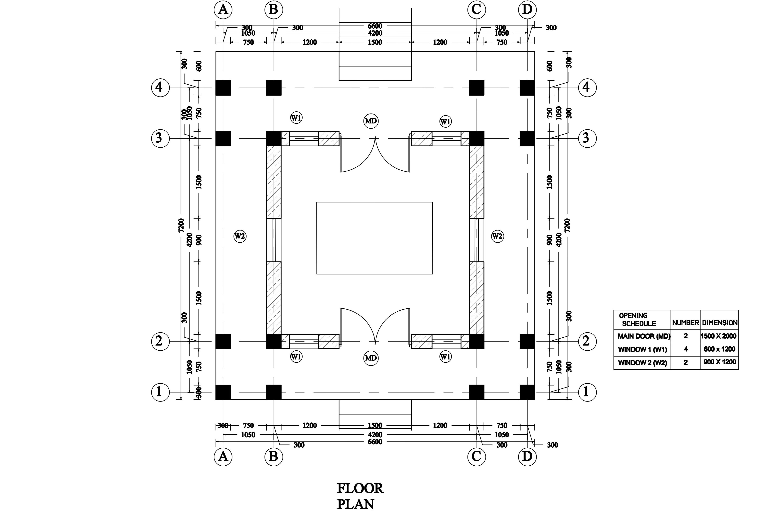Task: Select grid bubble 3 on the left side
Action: (x=160, y=138)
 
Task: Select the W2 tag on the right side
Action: (x=497, y=236)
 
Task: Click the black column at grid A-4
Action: (x=223, y=88)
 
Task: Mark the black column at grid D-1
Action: (x=527, y=392)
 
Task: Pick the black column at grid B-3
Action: (x=274, y=138)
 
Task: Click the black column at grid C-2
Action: (x=477, y=342)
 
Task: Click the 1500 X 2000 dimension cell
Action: (x=719, y=336)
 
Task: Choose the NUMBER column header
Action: (x=685, y=323)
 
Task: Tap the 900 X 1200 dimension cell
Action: (x=719, y=362)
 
